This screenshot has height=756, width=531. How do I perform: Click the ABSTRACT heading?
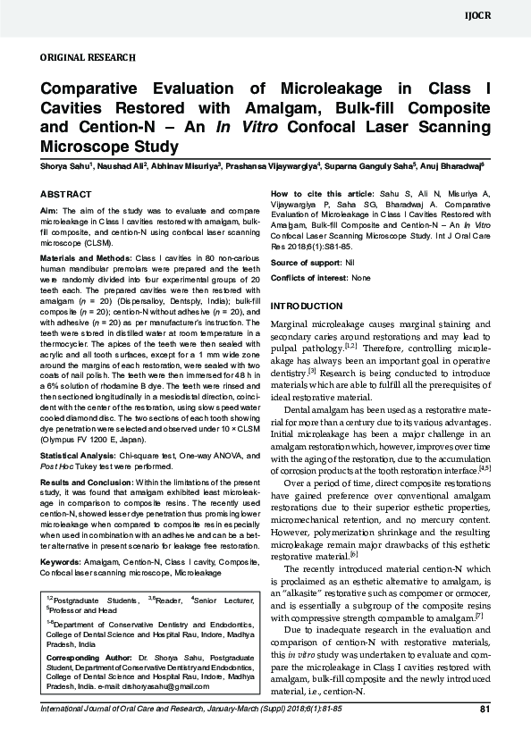(x=67, y=194)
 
